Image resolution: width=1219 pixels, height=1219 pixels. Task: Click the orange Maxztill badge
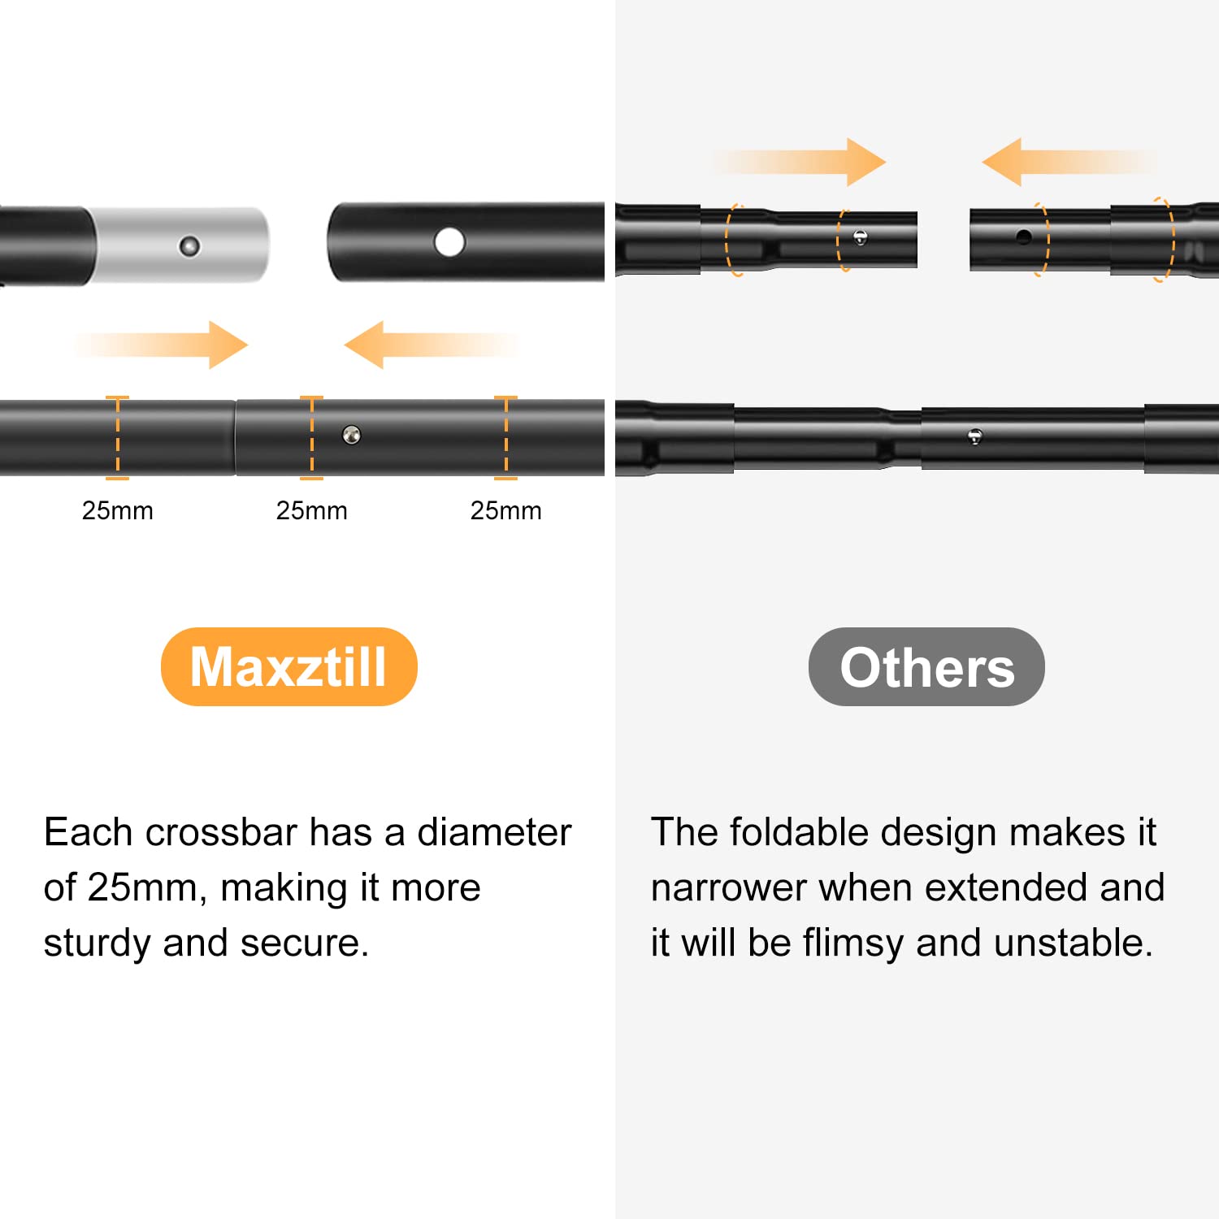click(288, 666)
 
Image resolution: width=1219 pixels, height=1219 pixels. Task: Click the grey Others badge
click(926, 666)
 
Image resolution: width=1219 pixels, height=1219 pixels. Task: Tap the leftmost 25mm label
click(117, 510)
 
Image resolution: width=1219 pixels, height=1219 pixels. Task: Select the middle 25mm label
click(311, 510)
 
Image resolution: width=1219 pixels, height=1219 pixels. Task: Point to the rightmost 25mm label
click(505, 510)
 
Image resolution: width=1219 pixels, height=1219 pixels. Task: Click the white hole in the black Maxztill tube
click(449, 241)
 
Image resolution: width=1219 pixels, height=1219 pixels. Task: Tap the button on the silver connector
click(189, 245)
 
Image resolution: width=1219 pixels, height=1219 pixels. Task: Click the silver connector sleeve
click(179, 245)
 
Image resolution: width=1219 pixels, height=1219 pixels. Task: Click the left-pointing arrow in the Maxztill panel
click(432, 345)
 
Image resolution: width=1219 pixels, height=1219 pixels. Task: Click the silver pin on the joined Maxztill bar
click(351, 435)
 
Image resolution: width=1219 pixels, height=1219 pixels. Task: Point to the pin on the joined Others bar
click(975, 436)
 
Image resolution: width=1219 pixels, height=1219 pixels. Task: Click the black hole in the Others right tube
click(1024, 237)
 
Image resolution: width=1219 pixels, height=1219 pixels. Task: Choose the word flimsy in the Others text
click(853, 944)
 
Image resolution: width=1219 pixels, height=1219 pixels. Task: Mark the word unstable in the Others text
click(1074, 943)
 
